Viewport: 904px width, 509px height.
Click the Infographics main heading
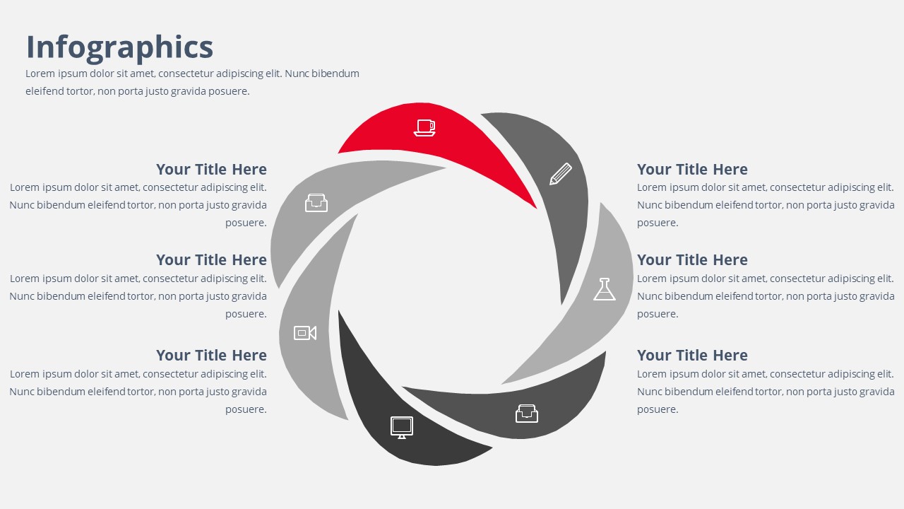click(x=119, y=47)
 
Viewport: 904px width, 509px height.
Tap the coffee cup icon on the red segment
click(x=424, y=128)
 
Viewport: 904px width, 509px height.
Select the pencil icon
click(x=561, y=174)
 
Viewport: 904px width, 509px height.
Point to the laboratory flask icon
click(x=605, y=289)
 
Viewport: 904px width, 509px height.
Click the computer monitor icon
click(x=402, y=428)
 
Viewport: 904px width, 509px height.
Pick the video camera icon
click(x=305, y=333)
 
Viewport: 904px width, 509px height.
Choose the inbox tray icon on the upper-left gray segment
click(x=316, y=203)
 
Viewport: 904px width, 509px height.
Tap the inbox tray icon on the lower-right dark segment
click(x=527, y=414)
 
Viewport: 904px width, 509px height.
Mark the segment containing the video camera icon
click(x=311, y=323)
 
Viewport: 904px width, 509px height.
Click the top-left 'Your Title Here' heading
click(x=211, y=170)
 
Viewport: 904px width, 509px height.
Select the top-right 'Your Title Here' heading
click(x=692, y=170)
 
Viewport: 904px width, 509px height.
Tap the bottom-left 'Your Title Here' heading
click(x=211, y=356)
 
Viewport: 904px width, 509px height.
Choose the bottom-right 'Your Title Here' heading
click(x=692, y=356)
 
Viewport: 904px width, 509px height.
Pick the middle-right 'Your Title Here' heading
click(x=692, y=260)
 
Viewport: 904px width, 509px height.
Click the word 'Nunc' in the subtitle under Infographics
click(x=297, y=74)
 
